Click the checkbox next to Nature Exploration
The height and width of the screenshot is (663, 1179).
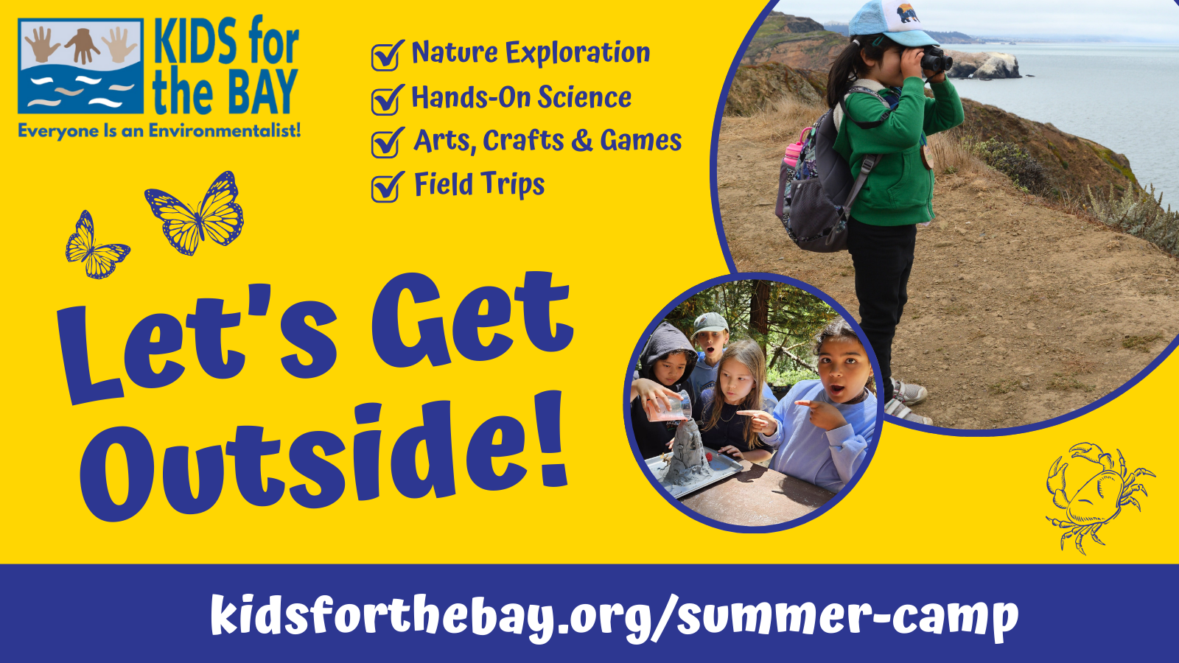point(386,56)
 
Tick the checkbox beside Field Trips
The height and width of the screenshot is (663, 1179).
point(386,187)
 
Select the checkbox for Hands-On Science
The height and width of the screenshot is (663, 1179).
point(386,99)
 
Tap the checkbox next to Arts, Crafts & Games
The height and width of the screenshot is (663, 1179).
point(386,143)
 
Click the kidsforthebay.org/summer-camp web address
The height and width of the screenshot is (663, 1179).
point(614,615)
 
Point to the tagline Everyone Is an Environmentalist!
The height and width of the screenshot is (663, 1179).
point(159,131)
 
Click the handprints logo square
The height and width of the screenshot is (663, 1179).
point(80,66)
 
